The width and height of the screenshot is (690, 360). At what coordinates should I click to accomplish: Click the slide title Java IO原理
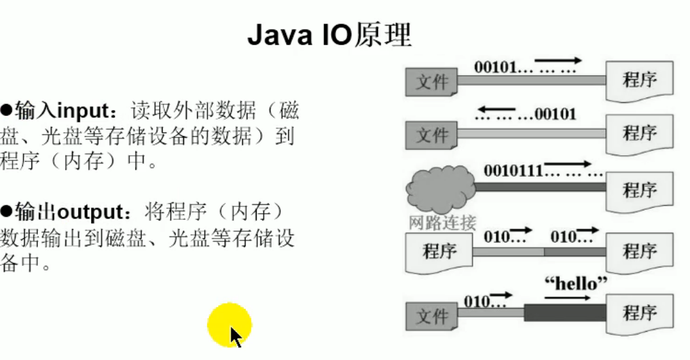pos(329,35)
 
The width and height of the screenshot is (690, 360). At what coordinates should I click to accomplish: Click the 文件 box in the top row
pos(432,82)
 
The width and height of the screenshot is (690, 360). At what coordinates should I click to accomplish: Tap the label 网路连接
pos(442,223)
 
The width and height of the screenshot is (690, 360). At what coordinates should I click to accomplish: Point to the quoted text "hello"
pos(575,284)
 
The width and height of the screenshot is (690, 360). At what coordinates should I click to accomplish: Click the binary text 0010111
pos(513,171)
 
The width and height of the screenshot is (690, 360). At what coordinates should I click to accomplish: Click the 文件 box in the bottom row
pos(432,316)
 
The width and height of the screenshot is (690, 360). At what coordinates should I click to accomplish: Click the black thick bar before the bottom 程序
pos(564,312)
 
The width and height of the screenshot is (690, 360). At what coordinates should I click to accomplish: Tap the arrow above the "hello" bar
pos(567,297)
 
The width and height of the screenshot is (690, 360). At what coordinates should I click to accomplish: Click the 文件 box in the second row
pos(432,135)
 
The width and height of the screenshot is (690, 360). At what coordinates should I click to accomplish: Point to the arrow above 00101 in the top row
pos(558,60)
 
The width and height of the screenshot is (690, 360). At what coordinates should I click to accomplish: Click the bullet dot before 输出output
pos(7,213)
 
